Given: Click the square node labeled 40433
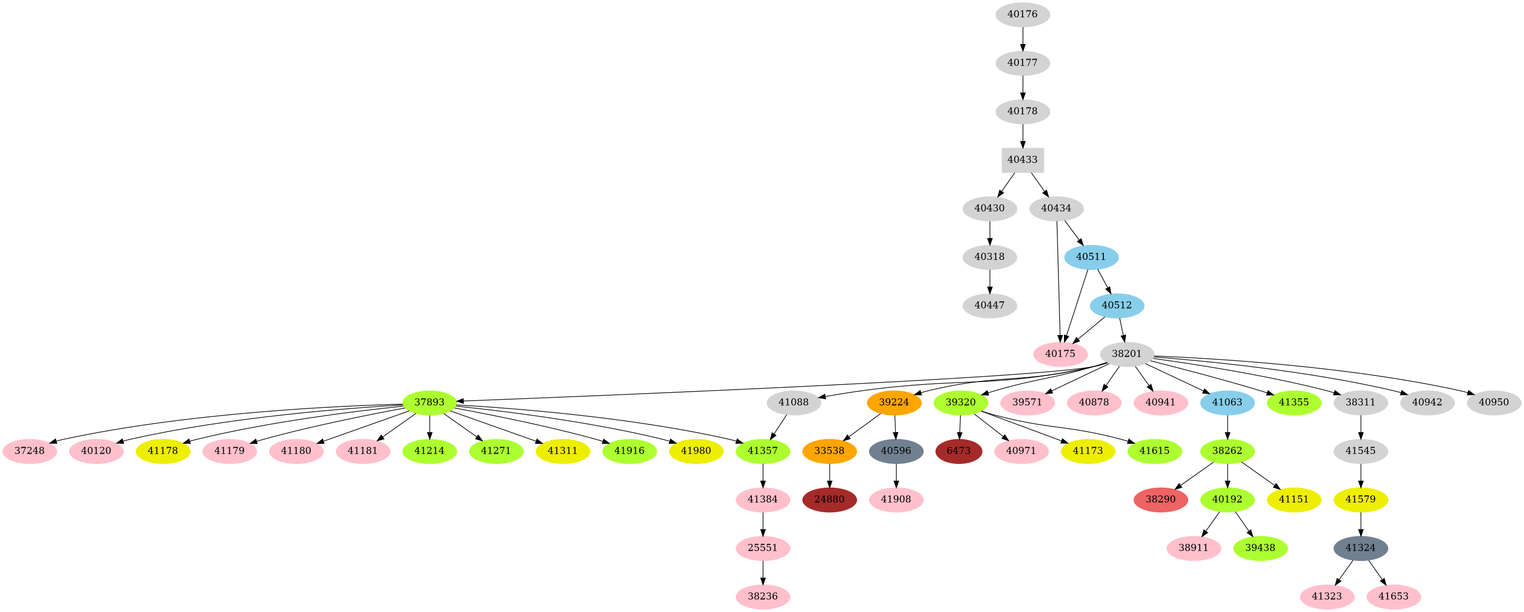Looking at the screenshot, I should coord(1022,160).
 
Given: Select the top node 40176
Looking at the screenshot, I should coord(1022,14).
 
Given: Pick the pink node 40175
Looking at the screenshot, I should coord(1060,354).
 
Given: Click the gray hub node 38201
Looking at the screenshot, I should coord(1127,354).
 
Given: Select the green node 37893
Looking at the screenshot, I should coord(430,402).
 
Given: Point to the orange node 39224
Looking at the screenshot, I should coord(893,402).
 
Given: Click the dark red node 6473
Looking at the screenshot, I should coord(958,451).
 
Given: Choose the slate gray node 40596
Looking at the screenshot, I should coord(896,451).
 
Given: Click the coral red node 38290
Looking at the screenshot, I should coord(1160,499).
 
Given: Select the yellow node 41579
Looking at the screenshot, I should coord(1361,499).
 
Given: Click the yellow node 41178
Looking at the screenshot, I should coord(163,451).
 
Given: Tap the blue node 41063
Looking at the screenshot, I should coord(1228,402).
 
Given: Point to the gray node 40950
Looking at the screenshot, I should coord(1494,402).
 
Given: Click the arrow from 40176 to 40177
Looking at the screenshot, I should coord(1022,38).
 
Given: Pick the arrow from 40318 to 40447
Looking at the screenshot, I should coord(990,281).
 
